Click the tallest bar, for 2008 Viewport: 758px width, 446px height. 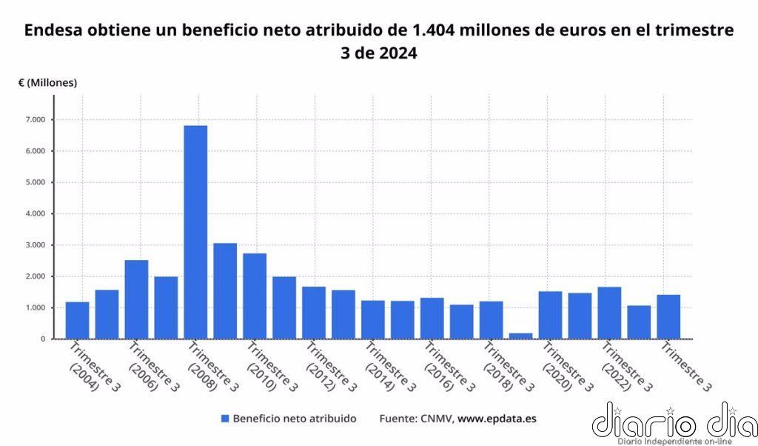tap(195, 232)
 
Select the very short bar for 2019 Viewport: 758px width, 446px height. tap(520, 336)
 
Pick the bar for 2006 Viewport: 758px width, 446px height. tap(136, 299)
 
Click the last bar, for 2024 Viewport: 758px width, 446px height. tap(668, 316)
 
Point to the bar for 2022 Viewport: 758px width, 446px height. tap(609, 313)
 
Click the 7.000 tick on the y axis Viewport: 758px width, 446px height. tap(35, 120)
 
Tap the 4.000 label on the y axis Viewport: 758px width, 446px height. tap(35, 214)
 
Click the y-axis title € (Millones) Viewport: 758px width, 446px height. tap(48, 83)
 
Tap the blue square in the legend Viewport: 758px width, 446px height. tap(225, 419)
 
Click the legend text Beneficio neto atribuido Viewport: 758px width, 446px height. tap(294, 419)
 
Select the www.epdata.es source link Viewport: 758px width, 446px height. tap(497, 419)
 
